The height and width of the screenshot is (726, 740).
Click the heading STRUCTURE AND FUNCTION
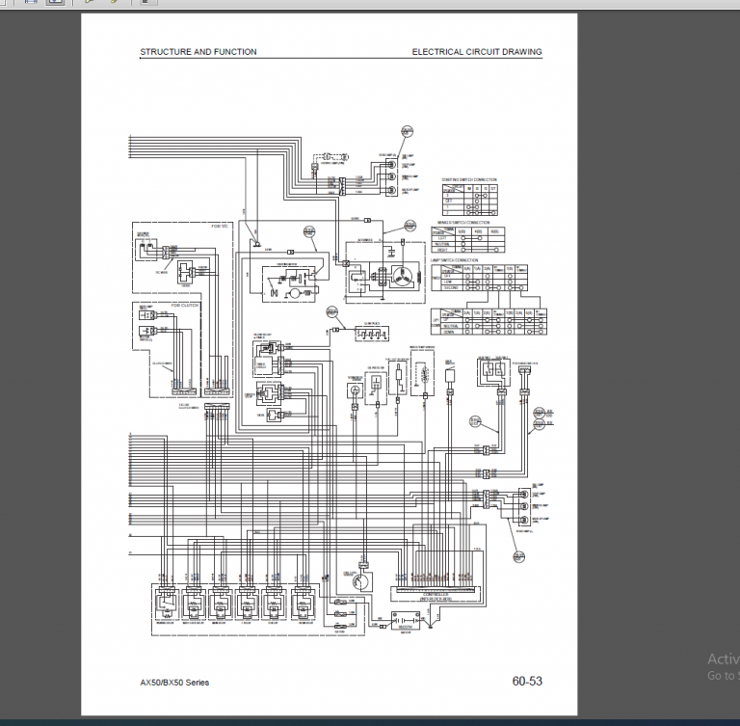[x=198, y=52]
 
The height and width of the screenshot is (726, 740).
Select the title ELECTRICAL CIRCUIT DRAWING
[x=476, y=52]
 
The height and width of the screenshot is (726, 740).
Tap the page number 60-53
[x=527, y=682]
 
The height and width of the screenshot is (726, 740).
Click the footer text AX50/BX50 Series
[x=174, y=683]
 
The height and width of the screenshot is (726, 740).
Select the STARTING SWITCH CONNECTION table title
[x=469, y=179]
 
